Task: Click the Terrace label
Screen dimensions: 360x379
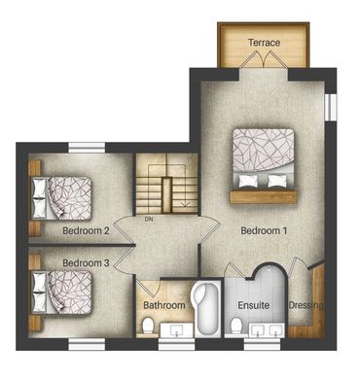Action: tap(264, 43)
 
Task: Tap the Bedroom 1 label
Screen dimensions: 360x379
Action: tap(264, 230)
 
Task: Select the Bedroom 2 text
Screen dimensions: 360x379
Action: tap(86, 230)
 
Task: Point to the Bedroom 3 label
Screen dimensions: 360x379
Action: tap(86, 262)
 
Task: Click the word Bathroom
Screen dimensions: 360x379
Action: tap(164, 305)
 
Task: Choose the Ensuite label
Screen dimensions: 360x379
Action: tap(254, 305)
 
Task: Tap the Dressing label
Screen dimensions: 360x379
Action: tap(306, 305)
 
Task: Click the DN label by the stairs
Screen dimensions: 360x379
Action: tap(149, 220)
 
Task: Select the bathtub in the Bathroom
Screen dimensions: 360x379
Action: tap(205, 308)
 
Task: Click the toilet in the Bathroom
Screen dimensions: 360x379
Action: tap(148, 326)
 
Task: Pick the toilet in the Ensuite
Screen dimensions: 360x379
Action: tap(236, 326)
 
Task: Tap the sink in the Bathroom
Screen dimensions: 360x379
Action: tap(176, 330)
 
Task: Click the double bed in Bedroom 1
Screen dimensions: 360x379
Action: tap(264, 158)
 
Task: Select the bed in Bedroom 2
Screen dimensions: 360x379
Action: tap(61, 198)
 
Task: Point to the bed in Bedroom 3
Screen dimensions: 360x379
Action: tap(61, 293)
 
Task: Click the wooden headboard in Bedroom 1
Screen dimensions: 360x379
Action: tap(264, 197)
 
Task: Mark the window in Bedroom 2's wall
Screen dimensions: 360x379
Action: tap(87, 148)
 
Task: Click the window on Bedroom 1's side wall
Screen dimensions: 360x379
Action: tap(331, 107)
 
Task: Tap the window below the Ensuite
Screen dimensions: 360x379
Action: tap(262, 345)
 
